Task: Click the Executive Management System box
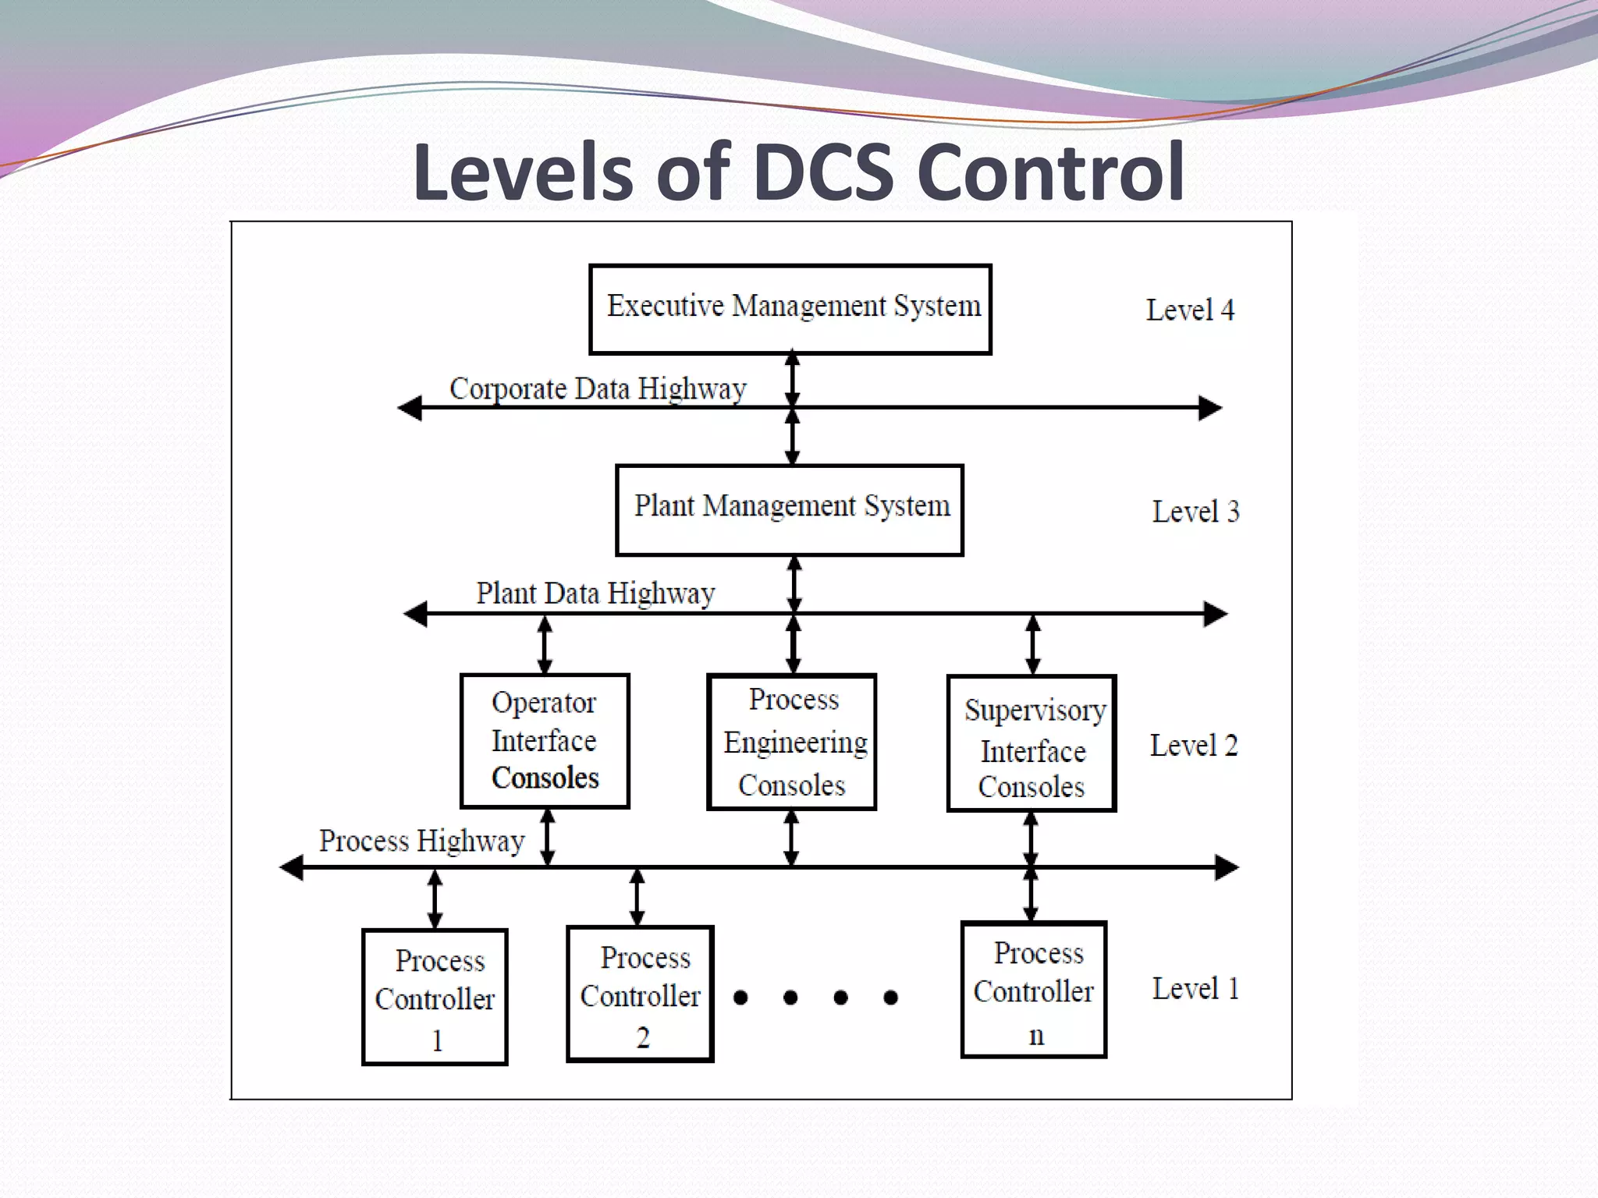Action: pyautogui.click(x=790, y=309)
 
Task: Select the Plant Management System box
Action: pyautogui.click(x=790, y=510)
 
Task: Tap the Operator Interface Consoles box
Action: pyautogui.click(x=545, y=741)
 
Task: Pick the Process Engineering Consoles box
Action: pyautogui.click(x=792, y=743)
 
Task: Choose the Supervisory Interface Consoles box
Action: pyautogui.click(x=1032, y=744)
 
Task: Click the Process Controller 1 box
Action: pyautogui.click(x=435, y=997)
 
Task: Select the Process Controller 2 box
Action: pyautogui.click(x=640, y=994)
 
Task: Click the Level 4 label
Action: pyautogui.click(x=1190, y=310)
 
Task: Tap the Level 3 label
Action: pyautogui.click(x=1195, y=512)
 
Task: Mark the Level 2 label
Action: pyautogui.click(x=1194, y=746)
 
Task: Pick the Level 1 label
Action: pyautogui.click(x=1195, y=989)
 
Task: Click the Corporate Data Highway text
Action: pyautogui.click(x=598, y=388)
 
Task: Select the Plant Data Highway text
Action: pyautogui.click(x=595, y=594)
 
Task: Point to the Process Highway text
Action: pyautogui.click(x=421, y=841)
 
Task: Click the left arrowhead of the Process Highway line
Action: pyautogui.click(x=292, y=867)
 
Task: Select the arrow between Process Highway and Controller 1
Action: pyautogui.click(x=435, y=898)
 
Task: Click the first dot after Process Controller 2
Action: pyautogui.click(x=740, y=998)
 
